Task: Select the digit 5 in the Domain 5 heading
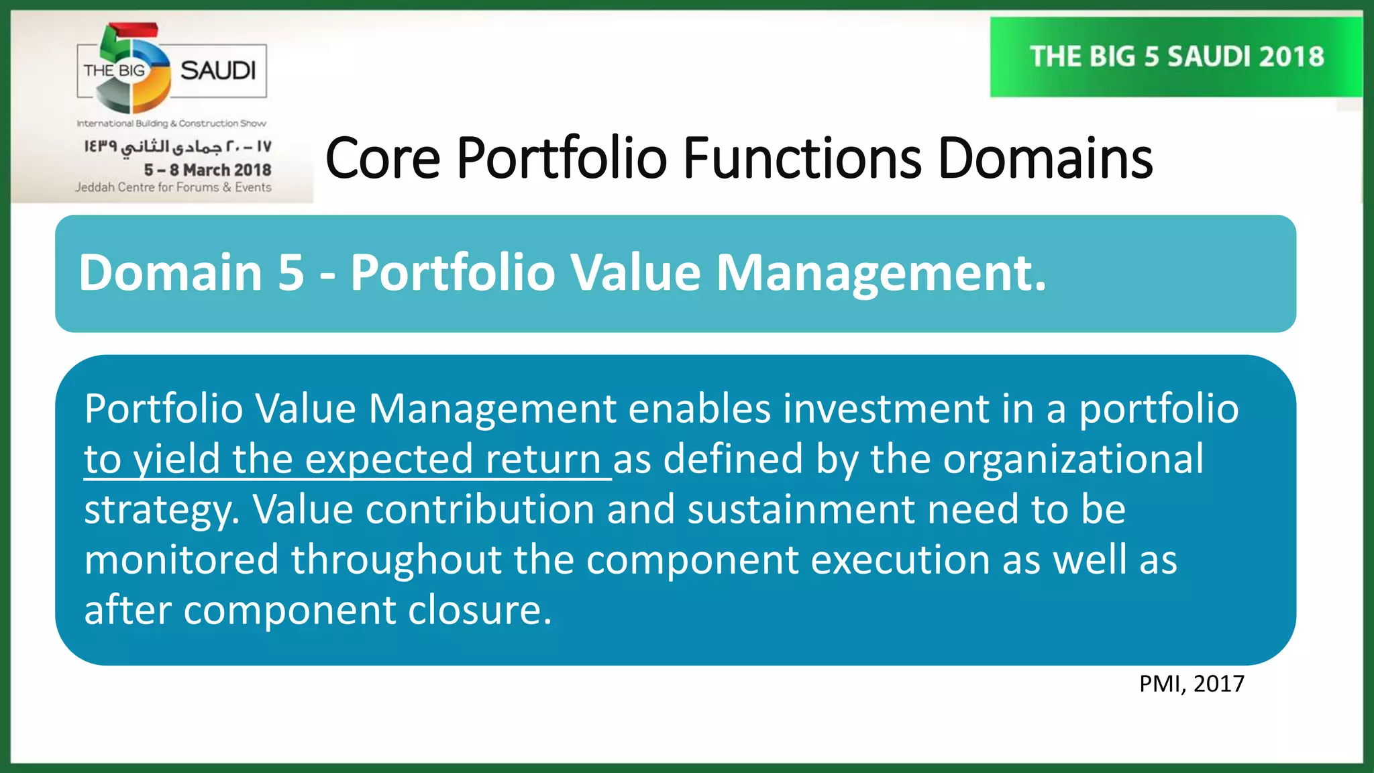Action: coord(290,272)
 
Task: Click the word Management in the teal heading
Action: coord(881,274)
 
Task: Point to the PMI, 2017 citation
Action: coord(1192,684)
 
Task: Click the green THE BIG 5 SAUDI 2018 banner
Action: coord(1176,57)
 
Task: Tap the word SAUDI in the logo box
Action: coord(218,70)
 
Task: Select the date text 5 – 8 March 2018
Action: coord(207,170)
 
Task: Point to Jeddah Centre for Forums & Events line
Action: coord(173,187)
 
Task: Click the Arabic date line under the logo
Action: coord(178,146)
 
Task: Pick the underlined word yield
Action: coord(176,460)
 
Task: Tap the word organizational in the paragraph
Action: coord(1073,460)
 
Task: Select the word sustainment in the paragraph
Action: coord(800,509)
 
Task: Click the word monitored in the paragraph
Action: coord(181,560)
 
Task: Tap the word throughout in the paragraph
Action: coord(396,560)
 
